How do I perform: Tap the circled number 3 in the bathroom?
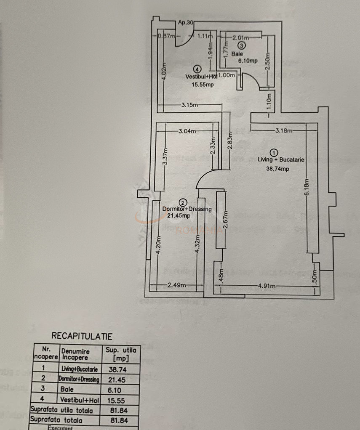point(241,45)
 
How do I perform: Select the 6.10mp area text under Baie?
point(247,61)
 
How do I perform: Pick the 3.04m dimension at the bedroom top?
point(187,131)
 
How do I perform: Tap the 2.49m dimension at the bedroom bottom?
point(177,286)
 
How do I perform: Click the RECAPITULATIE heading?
point(82,336)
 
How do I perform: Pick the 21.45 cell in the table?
point(118,379)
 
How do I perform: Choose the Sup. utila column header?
point(120,353)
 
